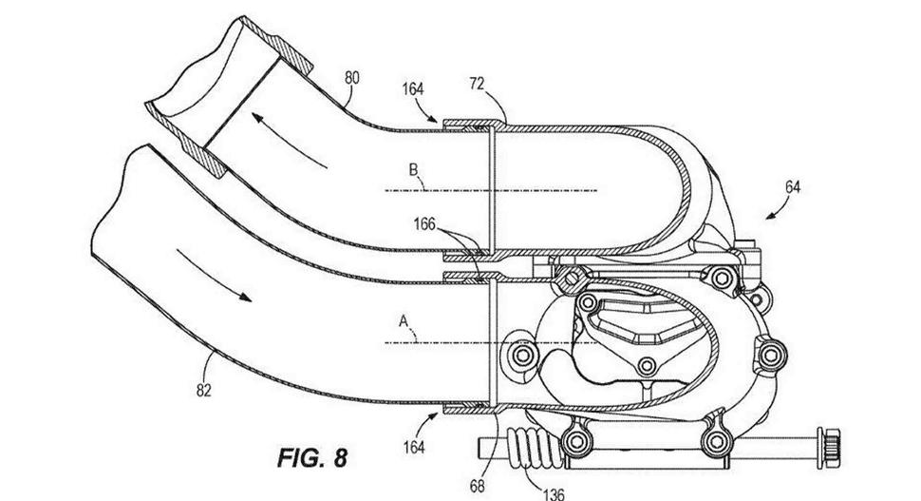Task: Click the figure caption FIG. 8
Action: click(311, 457)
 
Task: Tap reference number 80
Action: click(352, 78)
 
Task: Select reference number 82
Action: click(203, 390)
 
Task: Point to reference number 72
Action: click(477, 84)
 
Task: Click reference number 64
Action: click(793, 187)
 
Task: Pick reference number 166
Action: click(424, 224)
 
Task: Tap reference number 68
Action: click(477, 486)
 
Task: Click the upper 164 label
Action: click(413, 88)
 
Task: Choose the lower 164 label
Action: click(414, 448)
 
